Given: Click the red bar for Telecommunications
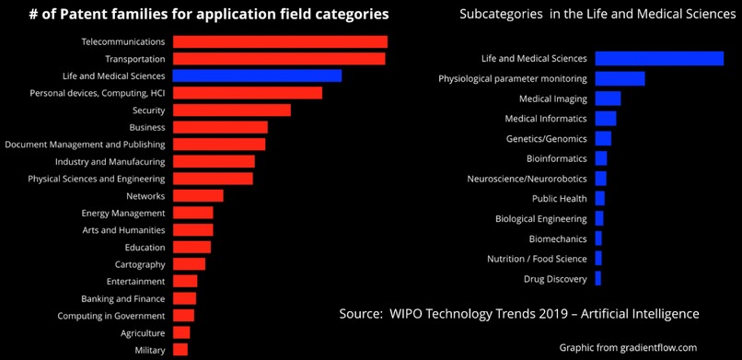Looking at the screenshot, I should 280,41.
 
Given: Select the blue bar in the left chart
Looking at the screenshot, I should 257,75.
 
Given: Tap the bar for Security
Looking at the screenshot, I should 231,110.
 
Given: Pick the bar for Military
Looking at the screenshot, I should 180,350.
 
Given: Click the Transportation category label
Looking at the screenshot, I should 134,59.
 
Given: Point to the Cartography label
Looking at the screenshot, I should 139,264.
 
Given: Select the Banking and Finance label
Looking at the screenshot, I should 123,298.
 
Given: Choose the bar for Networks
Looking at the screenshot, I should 197,196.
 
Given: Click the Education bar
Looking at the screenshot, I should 191,248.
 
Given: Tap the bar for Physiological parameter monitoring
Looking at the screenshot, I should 620,78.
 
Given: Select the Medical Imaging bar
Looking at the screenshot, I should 608,99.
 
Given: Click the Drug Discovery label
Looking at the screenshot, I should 555,279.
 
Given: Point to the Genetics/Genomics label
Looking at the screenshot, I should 546,139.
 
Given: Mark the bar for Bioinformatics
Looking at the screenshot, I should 601,158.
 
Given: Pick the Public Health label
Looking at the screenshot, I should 559,199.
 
